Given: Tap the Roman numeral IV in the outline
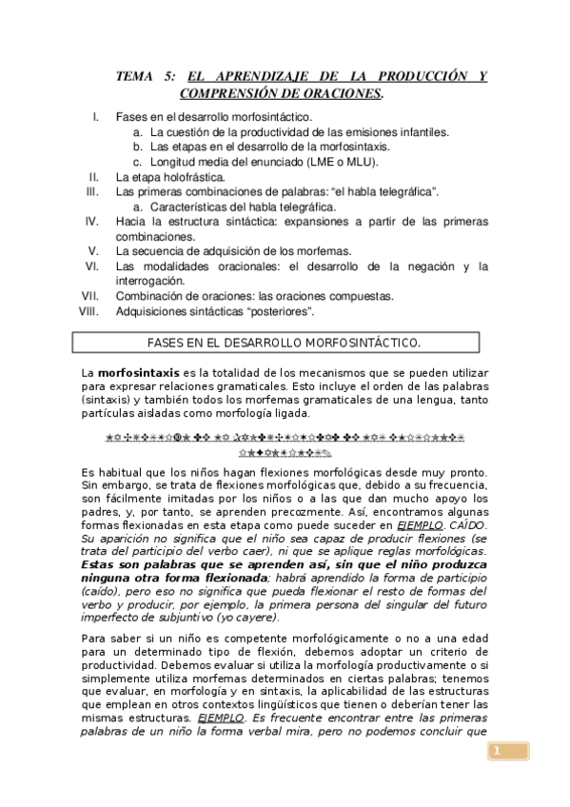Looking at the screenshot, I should point(92,222).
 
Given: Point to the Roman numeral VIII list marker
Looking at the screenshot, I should point(89,310).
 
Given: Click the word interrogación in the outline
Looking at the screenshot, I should point(151,281).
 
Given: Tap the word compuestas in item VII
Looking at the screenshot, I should point(360,296).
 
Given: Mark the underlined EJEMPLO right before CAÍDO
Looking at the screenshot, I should point(420,524).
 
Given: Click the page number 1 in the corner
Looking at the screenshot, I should point(495,753).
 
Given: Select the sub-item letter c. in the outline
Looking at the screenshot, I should point(138,162).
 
